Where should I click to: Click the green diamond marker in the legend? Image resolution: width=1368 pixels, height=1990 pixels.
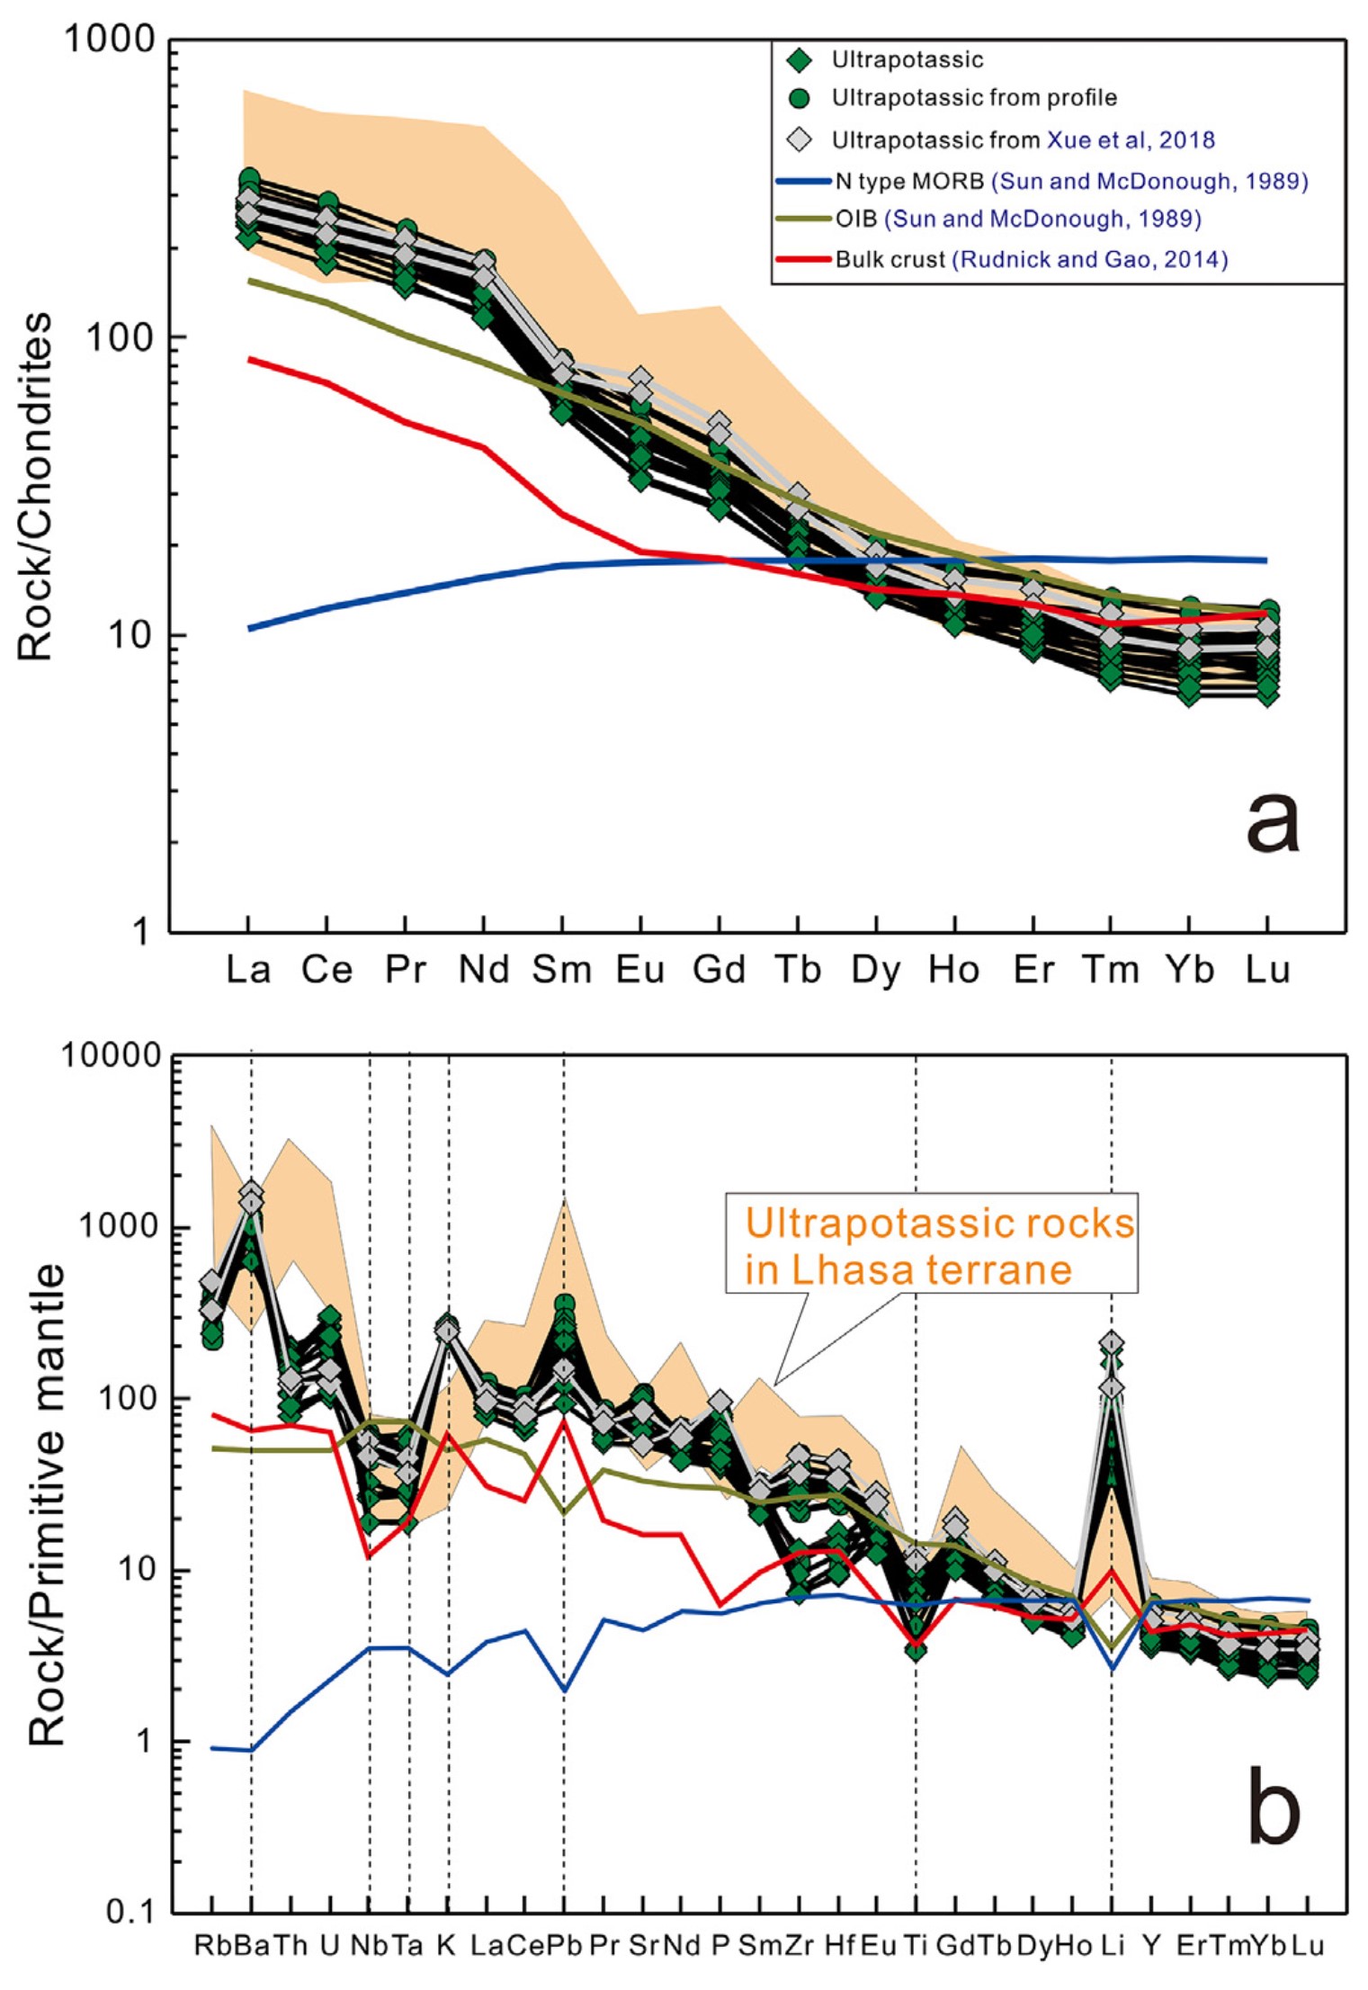coord(799,60)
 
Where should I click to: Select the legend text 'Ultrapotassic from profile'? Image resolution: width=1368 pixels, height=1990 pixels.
coord(974,98)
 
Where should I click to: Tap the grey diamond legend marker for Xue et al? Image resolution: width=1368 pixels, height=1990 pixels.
coord(799,139)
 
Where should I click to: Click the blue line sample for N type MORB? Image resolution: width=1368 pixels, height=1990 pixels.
coord(802,181)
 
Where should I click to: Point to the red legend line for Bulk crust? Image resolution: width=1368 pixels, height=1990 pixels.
coord(802,259)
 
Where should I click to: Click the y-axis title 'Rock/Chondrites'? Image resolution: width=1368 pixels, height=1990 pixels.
coord(36,487)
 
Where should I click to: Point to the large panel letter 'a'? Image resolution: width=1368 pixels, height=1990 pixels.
coord(1272,824)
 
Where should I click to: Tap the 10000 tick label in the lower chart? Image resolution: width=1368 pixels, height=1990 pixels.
coord(109,1054)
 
